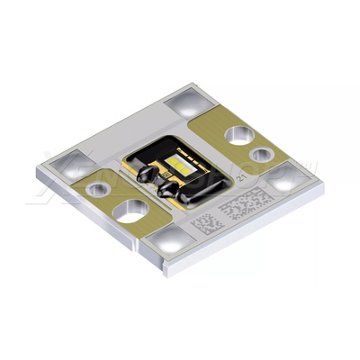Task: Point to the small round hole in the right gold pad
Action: click(260, 155)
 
